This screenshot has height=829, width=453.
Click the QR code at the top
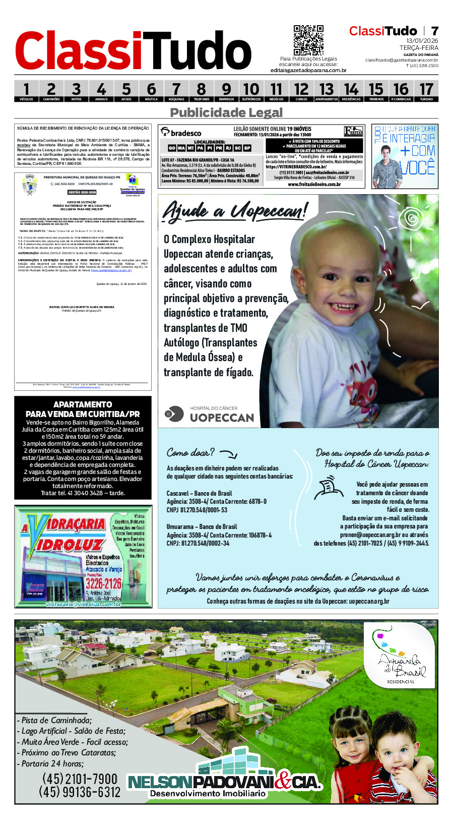308,40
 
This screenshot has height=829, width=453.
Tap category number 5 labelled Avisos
126,91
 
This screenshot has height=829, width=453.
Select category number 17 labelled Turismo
426,91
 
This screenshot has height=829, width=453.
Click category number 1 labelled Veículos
26,91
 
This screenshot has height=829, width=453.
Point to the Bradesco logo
181,133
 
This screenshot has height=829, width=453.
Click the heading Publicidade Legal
226,112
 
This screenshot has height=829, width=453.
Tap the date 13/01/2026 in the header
422,41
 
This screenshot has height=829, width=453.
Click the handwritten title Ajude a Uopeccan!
234,210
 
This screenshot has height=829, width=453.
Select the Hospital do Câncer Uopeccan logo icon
175,413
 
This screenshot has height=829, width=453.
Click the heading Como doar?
191,452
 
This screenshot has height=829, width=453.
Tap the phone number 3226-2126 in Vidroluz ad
103,583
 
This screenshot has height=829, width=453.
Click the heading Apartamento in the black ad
83,404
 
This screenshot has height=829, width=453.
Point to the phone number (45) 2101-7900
80,779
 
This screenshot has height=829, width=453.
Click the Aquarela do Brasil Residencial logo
401,658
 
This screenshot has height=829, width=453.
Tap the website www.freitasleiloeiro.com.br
314,185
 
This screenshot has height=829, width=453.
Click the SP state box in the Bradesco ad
247,148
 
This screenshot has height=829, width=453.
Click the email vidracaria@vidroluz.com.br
84,604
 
